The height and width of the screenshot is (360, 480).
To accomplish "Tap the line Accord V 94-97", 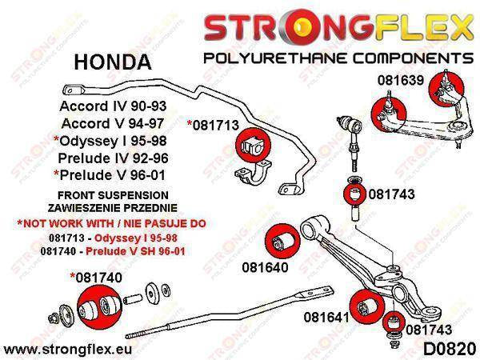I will coord(108,122).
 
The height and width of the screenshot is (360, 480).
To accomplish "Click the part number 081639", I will coord(398,81).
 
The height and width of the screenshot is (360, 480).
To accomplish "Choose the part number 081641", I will coord(326,318).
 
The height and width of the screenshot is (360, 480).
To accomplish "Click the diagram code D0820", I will coord(442,348).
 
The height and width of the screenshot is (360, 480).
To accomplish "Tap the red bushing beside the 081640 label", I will coord(282,238).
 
